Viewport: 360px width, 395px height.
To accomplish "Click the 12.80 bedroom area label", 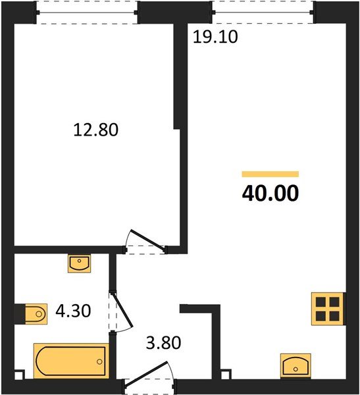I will pos(95,130).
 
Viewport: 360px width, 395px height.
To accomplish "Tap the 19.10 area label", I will pos(215,37).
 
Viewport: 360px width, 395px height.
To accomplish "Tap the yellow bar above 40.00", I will pos(270,174).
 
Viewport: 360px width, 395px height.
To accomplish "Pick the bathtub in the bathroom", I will pos(70,361).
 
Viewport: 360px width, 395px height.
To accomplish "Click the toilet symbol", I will pos(31,313).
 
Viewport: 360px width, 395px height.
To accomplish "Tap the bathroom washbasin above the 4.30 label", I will pos(80,263).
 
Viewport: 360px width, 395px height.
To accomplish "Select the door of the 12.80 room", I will pos(146,241).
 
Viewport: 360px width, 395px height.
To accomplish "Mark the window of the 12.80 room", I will pos(88,13).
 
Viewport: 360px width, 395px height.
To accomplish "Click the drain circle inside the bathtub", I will pos(99,361).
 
